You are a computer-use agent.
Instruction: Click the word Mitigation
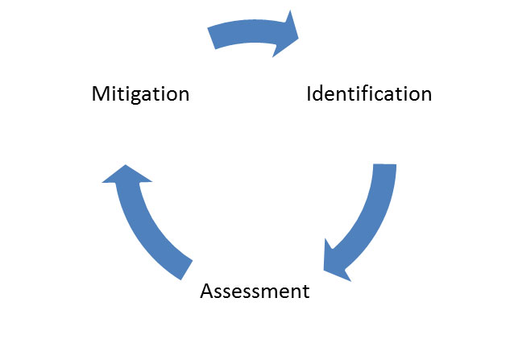point(140,93)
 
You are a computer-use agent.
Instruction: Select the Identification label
point(369,93)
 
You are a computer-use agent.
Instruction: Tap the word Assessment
point(254,290)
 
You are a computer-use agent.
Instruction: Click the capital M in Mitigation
point(100,93)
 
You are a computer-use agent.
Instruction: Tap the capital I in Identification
point(309,93)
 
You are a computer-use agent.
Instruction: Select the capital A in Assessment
point(206,290)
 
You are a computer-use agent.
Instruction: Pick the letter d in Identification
point(319,93)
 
